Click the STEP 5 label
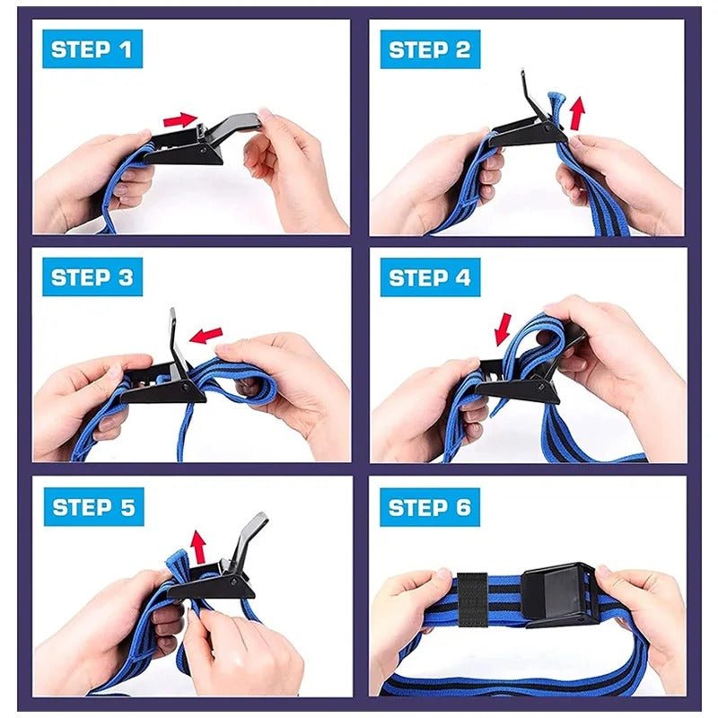[x=92, y=507]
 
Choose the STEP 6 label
[x=430, y=507]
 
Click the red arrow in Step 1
[x=180, y=118]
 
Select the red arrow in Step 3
[x=207, y=336]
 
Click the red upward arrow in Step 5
[x=198, y=544]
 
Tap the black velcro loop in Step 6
[x=472, y=597]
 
